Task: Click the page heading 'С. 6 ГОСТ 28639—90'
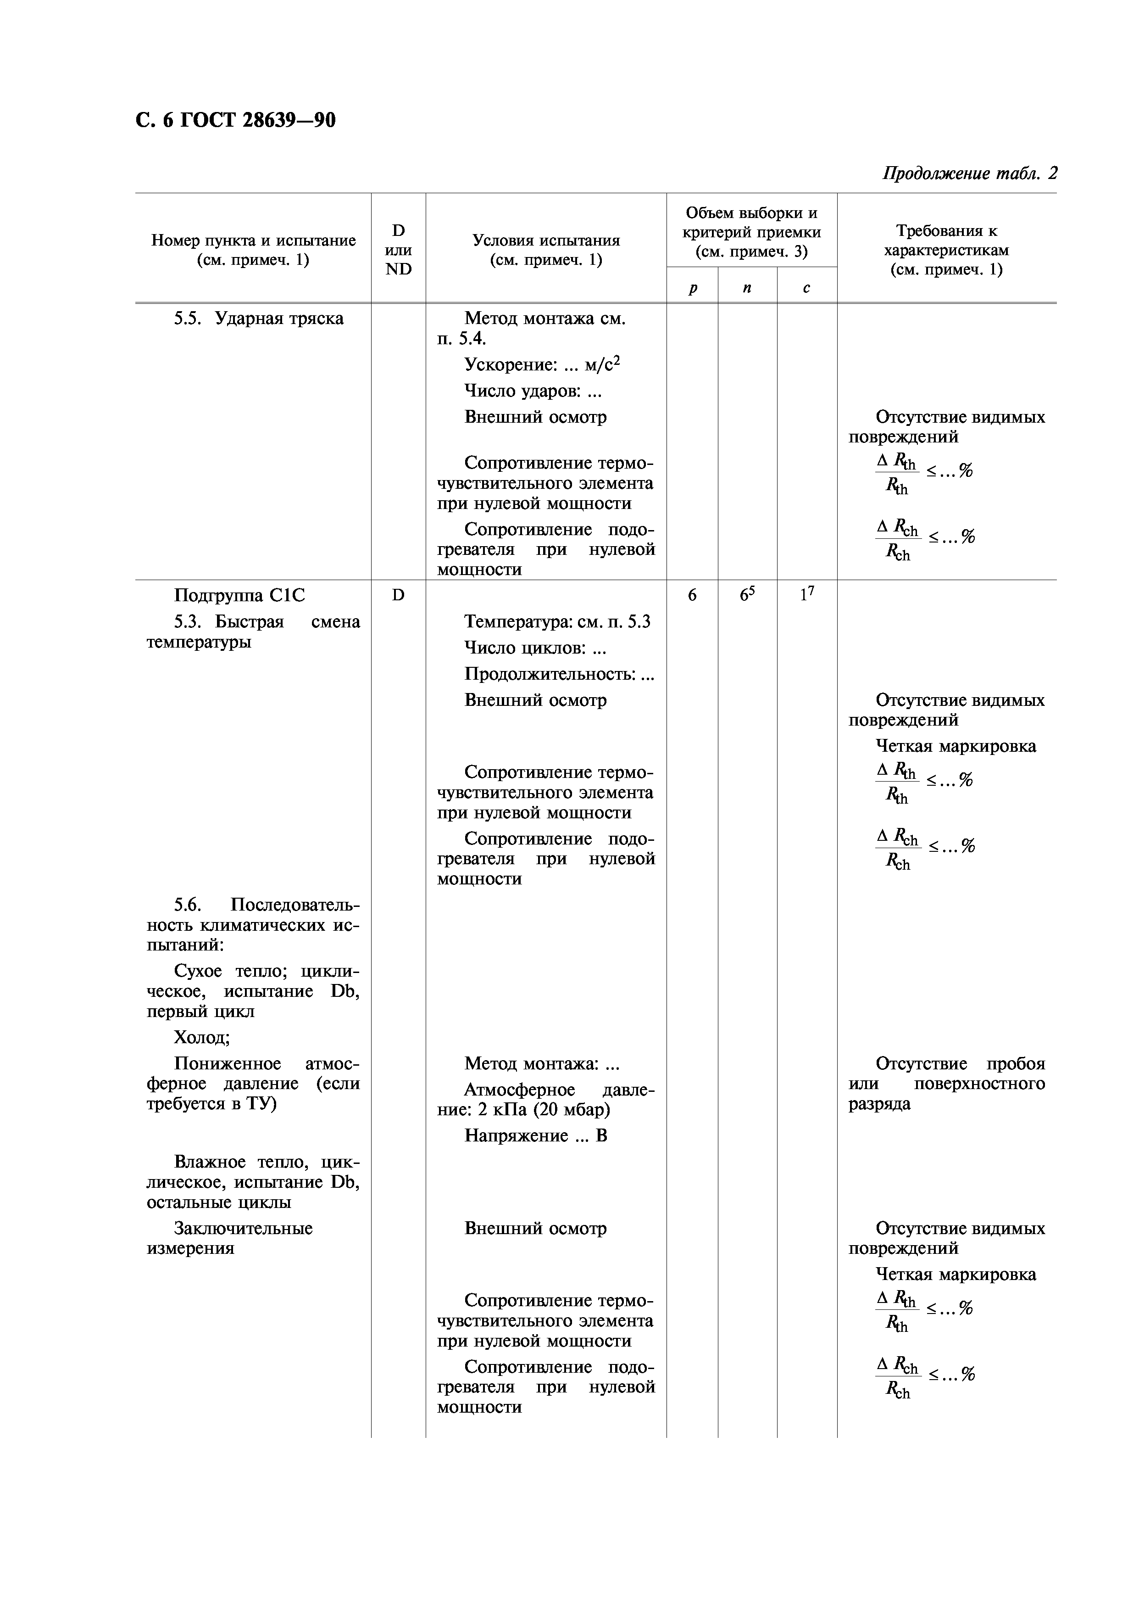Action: point(236,121)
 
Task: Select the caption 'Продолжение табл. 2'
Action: point(969,173)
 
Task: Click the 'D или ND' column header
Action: point(398,250)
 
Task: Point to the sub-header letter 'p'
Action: point(692,288)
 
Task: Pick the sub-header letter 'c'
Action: point(806,288)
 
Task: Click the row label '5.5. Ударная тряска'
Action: point(259,319)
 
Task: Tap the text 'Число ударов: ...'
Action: point(533,391)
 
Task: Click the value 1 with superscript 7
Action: point(806,595)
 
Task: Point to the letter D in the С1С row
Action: point(398,595)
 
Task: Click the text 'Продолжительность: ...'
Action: point(559,674)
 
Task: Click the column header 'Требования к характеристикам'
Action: point(946,250)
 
